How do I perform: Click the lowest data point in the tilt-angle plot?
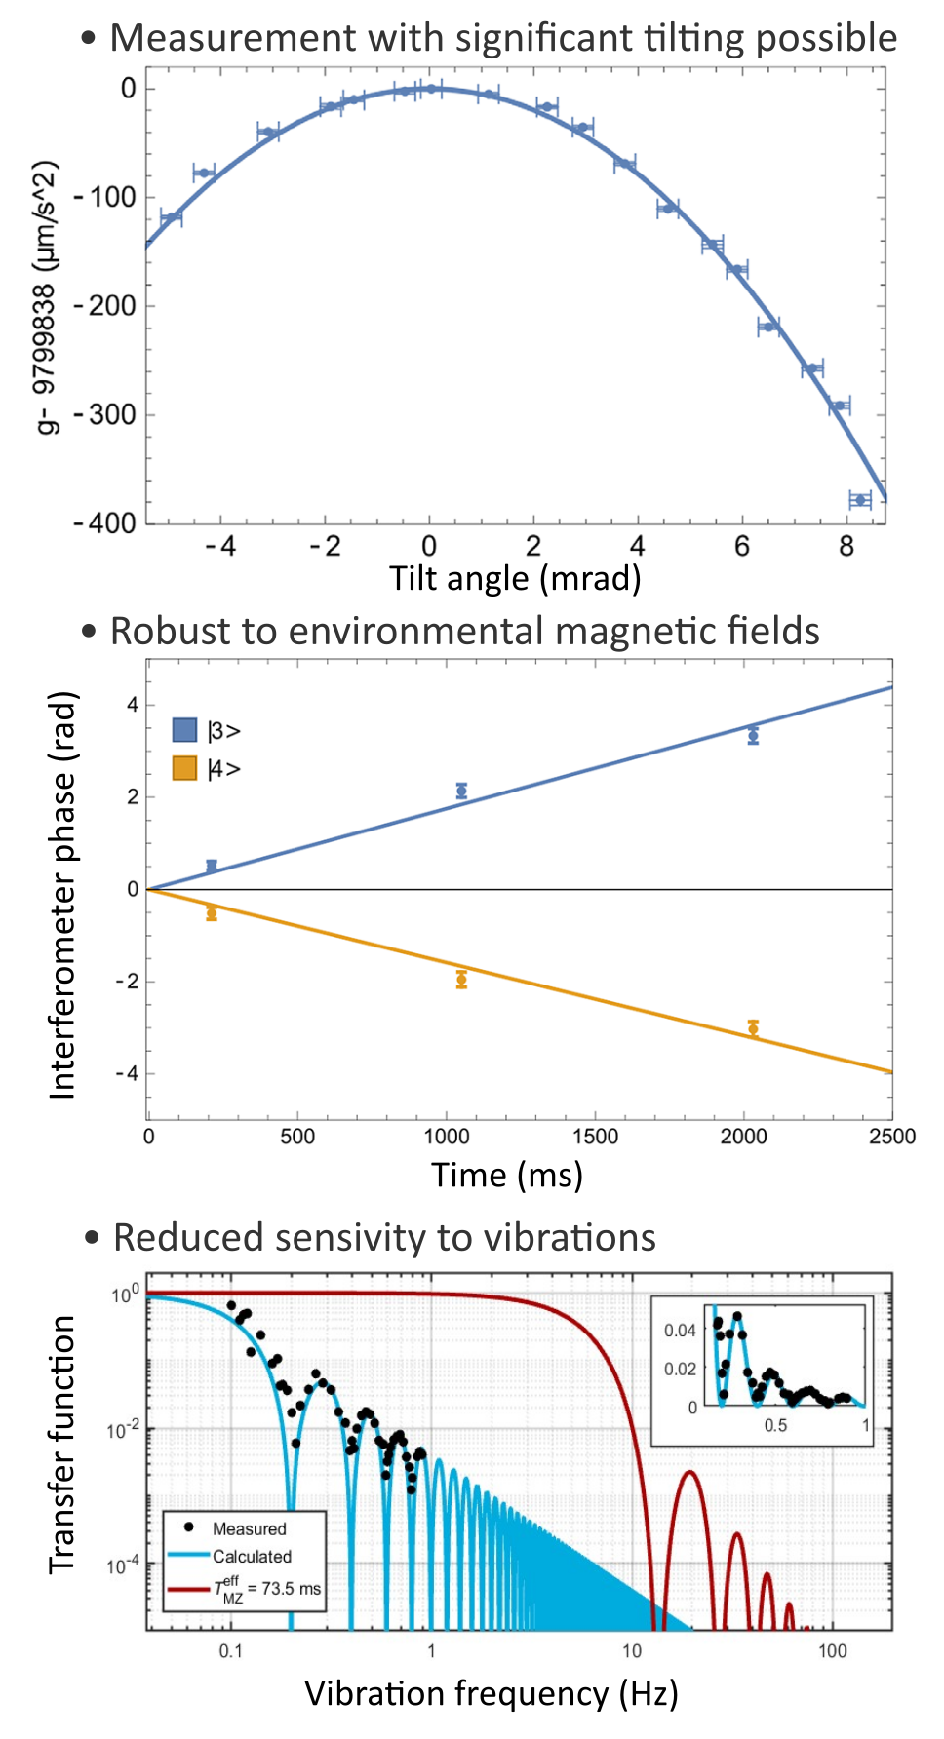[859, 500]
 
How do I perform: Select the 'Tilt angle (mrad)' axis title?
[515, 578]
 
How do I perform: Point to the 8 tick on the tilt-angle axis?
[846, 546]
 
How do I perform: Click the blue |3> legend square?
[184, 730]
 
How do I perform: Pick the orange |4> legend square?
[184, 768]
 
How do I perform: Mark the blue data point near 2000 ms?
[753, 735]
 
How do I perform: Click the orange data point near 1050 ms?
[461, 979]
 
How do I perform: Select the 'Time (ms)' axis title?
[507, 1175]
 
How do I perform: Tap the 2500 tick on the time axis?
[891, 1137]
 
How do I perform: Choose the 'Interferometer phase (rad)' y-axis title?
[62, 895]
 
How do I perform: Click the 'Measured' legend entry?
[249, 1528]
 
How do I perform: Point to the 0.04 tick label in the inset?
[680, 1331]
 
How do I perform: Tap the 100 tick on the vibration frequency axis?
[832, 1650]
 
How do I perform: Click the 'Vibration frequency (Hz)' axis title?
[491, 1694]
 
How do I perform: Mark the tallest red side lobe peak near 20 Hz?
[689, 1472]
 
